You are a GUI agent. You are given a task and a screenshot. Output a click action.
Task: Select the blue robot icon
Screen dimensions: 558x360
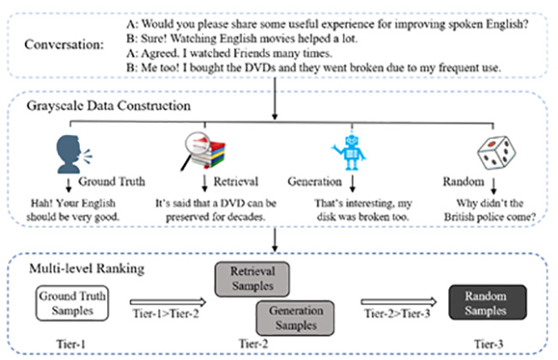tap(350, 152)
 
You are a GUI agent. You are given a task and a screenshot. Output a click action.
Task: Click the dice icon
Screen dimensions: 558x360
tap(496, 152)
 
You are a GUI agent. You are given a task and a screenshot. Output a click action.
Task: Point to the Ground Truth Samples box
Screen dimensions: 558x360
tap(72, 303)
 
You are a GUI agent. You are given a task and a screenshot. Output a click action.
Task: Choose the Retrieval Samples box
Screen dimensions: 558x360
tap(252, 279)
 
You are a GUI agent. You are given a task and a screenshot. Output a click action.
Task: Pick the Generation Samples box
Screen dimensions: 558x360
tap(295, 318)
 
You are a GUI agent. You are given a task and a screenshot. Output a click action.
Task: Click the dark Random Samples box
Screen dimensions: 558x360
tap(488, 302)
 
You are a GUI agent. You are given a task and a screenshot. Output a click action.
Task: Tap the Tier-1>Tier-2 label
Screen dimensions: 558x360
tap(166, 314)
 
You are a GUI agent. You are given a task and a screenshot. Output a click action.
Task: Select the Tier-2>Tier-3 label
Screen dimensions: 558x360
tap(397, 314)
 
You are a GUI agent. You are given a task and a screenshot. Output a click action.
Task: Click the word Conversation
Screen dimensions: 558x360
tap(64, 45)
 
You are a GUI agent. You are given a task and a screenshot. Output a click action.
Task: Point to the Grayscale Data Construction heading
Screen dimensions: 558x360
tap(108, 106)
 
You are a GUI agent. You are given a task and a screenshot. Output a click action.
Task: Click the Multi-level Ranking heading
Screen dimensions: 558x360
tap(87, 268)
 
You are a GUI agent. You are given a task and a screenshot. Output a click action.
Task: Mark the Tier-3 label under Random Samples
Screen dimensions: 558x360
tap(488, 344)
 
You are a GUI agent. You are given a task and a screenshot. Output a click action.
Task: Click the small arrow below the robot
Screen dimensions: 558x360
tap(352, 183)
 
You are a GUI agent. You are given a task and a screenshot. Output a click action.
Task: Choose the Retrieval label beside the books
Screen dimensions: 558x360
tap(235, 181)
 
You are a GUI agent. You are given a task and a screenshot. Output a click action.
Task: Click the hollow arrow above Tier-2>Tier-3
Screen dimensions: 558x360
tap(398, 302)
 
